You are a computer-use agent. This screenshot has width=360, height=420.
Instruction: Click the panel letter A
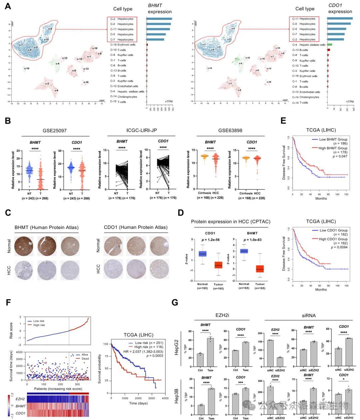click(8, 6)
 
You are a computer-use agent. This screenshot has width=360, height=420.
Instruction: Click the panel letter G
click(175, 302)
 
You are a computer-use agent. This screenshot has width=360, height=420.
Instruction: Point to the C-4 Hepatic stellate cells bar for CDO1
click(330, 44)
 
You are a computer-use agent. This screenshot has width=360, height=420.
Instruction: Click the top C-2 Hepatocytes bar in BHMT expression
click(159, 19)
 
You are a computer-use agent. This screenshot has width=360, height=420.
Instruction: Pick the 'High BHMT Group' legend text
click(333, 148)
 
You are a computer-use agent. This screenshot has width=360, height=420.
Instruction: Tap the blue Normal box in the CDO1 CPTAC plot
click(202, 254)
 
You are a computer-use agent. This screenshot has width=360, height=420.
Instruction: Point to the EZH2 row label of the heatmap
click(20, 398)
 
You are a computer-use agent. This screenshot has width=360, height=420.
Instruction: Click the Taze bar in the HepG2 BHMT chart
click(210, 352)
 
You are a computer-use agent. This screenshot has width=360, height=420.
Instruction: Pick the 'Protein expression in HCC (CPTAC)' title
click(231, 222)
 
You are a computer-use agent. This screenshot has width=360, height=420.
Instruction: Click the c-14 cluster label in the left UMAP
click(27, 68)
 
